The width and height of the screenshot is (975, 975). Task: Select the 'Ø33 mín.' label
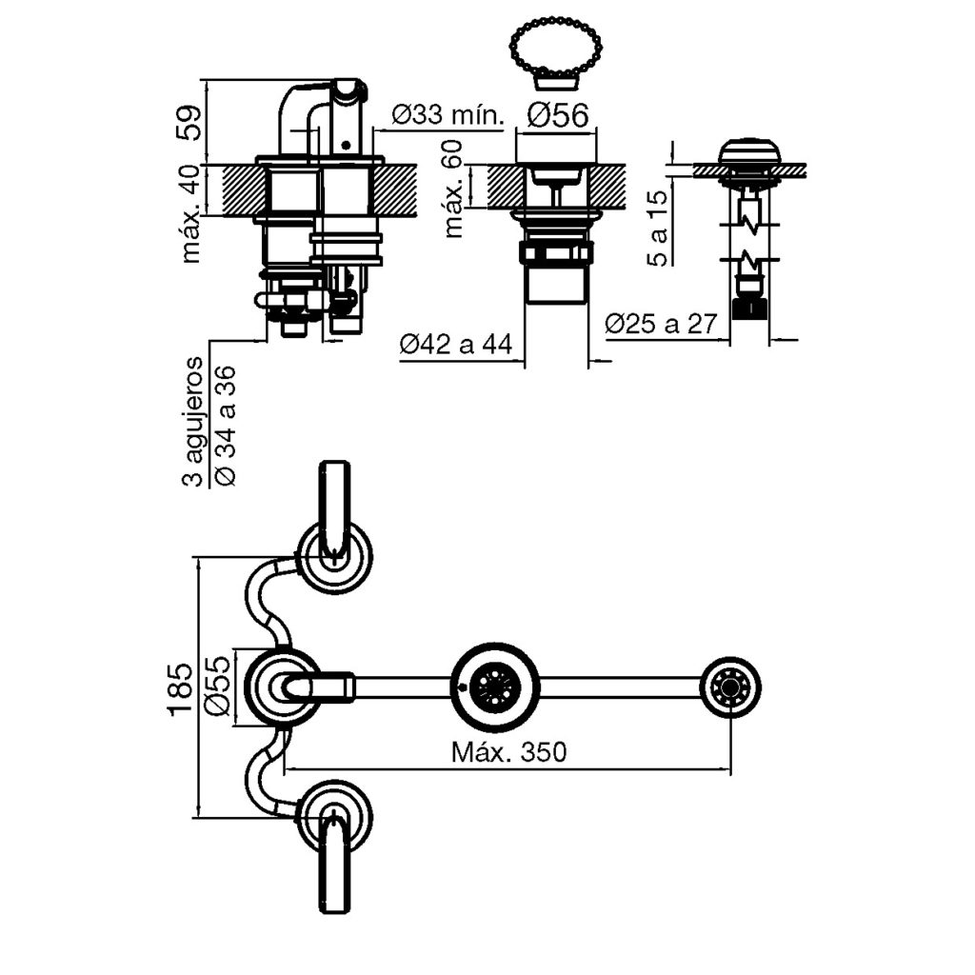(x=447, y=116)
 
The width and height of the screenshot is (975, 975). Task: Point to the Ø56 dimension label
(x=558, y=116)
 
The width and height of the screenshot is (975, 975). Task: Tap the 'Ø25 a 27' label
(x=660, y=324)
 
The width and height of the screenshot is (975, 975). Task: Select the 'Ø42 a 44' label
(x=455, y=345)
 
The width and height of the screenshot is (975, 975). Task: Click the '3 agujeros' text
(x=194, y=421)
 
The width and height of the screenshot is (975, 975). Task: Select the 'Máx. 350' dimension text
(x=509, y=752)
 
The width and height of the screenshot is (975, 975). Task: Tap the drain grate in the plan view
(x=496, y=686)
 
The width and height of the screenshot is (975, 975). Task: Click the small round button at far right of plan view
(x=730, y=686)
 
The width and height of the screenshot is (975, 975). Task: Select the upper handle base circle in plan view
(x=334, y=556)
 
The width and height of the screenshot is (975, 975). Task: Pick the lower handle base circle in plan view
(x=334, y=816)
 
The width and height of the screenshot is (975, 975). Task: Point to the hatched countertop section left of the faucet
(x=239, y=190)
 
